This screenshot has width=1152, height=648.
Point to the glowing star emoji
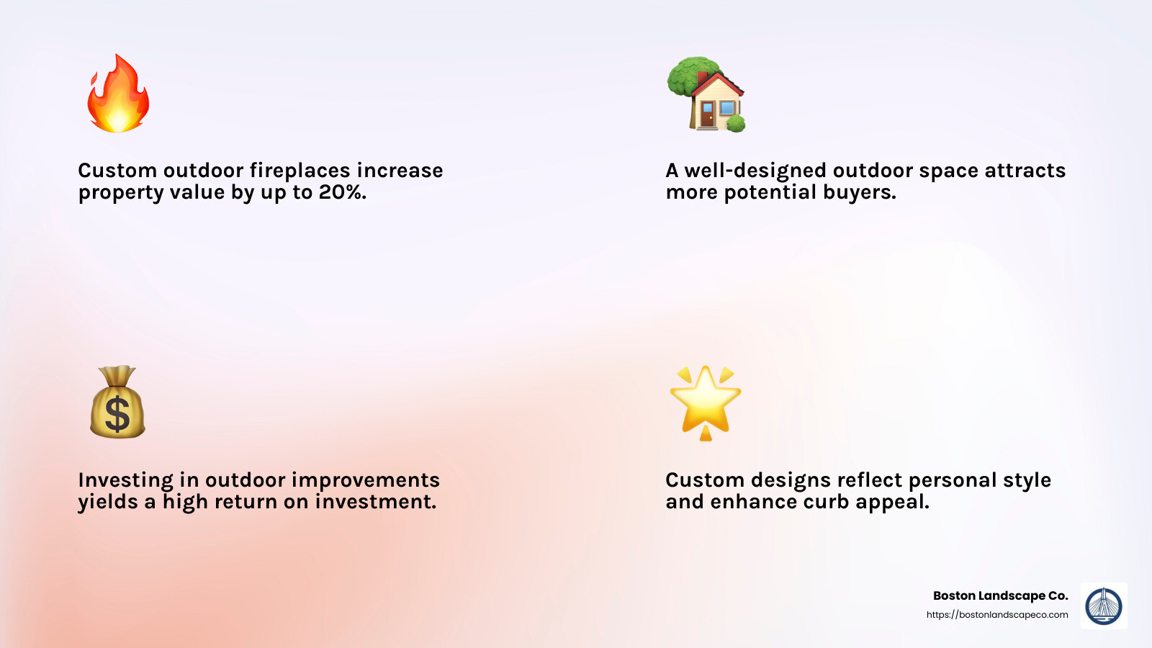pos(705,402)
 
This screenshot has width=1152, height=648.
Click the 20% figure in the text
pos(342,192)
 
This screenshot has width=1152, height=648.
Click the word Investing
pos(125,480)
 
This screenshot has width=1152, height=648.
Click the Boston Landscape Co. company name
pos(1000,595)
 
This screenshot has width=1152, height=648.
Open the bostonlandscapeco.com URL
pos(997,615)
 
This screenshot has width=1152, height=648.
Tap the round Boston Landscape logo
pos(1104,606)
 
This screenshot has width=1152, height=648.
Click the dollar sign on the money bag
pos(117,415)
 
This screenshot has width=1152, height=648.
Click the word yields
pos(107,502)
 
